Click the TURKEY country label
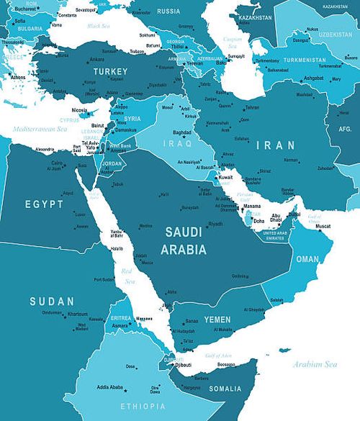point(110,72)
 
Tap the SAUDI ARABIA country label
point(186,240)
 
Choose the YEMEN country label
point(217,319)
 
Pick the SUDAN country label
point(51,301)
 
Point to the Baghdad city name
point(182,132)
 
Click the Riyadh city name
point(215,224)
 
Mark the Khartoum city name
point(77,314)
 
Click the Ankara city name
point(96,59)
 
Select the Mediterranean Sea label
point(37,130)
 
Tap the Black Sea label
point(98,25)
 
